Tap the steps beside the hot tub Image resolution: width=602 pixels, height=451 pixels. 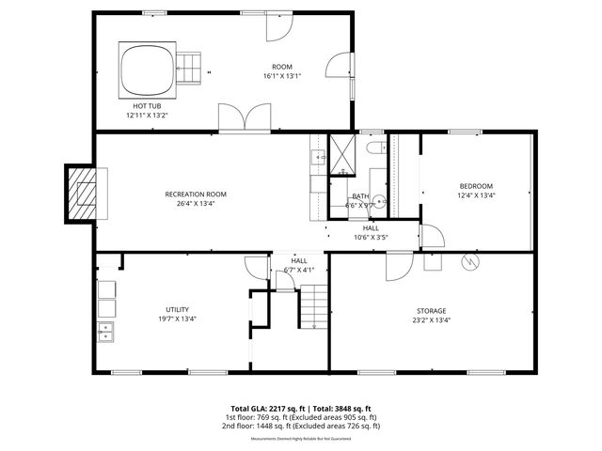click(x=190, y=69)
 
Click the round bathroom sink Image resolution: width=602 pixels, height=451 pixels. click(x=380, y=200)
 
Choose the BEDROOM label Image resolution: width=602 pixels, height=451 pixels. click(x=475, y=186)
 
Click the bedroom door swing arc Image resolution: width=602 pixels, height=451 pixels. click(x=432, y=235)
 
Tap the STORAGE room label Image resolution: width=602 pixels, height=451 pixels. click(x=432, y=311)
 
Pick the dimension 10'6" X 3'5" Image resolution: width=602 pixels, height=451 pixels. click(x=371, y=237)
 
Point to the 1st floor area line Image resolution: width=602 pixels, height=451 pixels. click(x=300, y=417)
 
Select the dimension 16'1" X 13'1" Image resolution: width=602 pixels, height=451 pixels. click(x=282, y=76)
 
